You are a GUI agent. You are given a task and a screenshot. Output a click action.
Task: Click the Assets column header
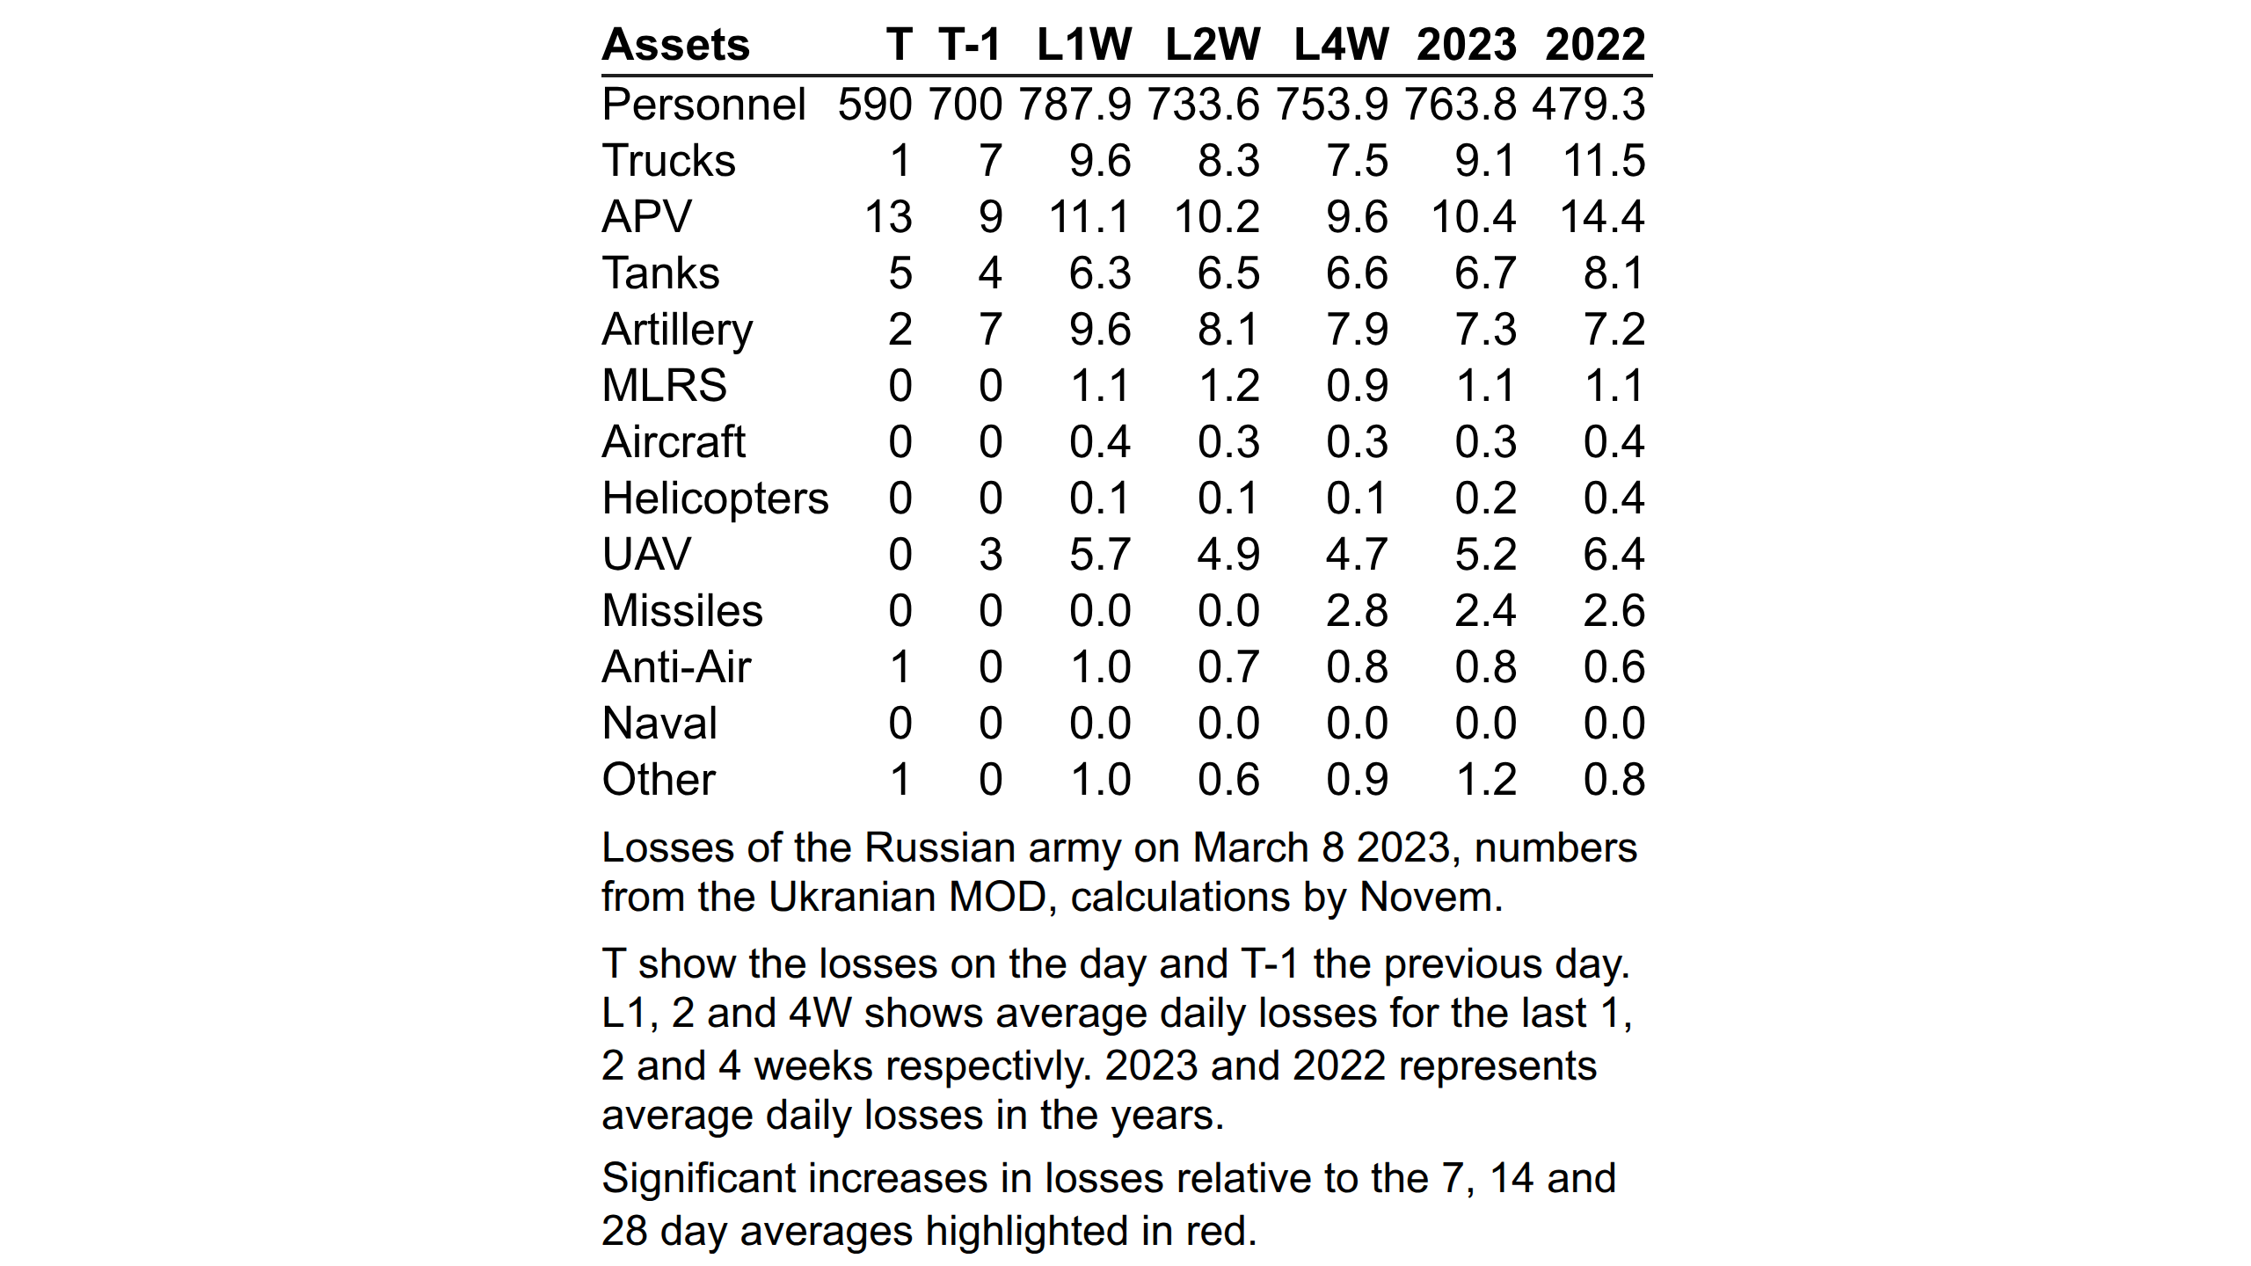[x=675, y=45]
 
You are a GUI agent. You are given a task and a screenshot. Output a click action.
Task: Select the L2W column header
[x=1213, y=45]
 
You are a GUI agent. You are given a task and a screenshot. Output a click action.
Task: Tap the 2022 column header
[x=1595, y=45]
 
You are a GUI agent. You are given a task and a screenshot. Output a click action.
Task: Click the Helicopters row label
[x=715, y=499]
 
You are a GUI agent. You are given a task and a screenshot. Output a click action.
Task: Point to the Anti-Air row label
[x=676, y=666]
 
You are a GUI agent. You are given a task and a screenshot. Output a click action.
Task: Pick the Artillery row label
[x=677, y=331]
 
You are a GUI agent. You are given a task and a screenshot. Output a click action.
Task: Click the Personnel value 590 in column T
[x=875, y=105]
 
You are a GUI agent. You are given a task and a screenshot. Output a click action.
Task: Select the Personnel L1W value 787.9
[x=1075, y=105]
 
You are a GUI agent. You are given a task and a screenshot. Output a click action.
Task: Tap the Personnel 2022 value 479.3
[x=1588, y=105]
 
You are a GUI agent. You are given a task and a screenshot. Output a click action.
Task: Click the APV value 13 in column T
[x=888, y=217]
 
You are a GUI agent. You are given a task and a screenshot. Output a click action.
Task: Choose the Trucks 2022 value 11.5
[x=1604, y=161]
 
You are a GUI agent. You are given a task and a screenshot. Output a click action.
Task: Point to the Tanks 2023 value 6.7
[x=1485, y=273]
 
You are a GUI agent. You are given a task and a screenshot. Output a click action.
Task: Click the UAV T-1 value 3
[x=991, y=555]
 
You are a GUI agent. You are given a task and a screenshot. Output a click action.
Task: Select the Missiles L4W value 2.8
[x=1357, y=611]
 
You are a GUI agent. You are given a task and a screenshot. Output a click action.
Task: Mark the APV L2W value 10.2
[x=1217, y=217]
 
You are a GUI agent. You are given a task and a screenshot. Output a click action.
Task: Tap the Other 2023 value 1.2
[x=1487, y=780]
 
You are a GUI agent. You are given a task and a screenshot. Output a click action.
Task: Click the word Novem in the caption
[x=1431, y=898]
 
